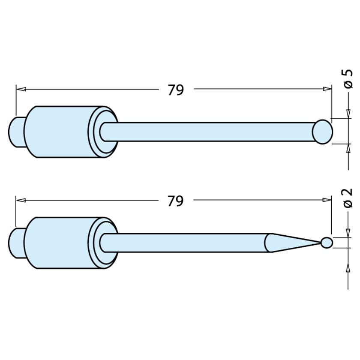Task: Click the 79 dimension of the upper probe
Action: click(x=176, y=90)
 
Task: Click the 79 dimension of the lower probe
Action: click(x=176, y=201)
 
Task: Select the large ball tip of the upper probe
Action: click(x=322, y=132)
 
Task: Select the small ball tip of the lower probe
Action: click(x=327, y=243)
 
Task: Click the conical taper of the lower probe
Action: click(x=291, y=243)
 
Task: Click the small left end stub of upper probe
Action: click(x=16, y=132)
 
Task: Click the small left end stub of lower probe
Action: click(x=16, y=243)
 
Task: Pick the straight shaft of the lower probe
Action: click(x=184, y=243)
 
